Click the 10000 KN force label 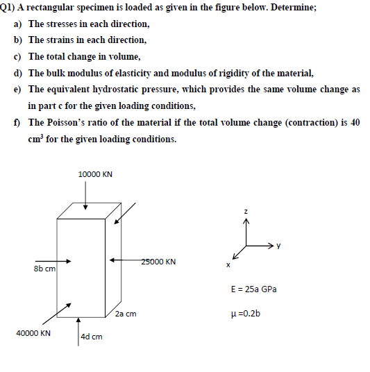coord(95,174)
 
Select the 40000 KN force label coord(33,333)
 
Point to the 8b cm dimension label coord(44,268)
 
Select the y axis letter coord(279,244)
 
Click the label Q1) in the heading coord(8,8)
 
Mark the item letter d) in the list coord(18,73)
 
